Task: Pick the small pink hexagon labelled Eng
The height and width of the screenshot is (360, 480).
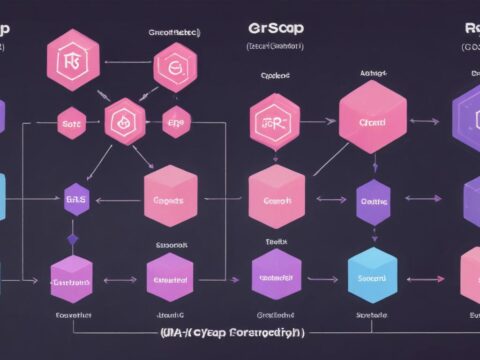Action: pyautogui.click(x=175, y=122)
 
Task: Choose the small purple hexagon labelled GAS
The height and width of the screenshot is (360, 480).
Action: pyautogui.click(x=76, y=199)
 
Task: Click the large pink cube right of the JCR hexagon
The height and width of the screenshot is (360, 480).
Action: pyautogui.click(x=374, y=120)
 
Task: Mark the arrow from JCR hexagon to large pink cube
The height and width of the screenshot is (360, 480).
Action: pyautogui.click(x=319, y=122)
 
